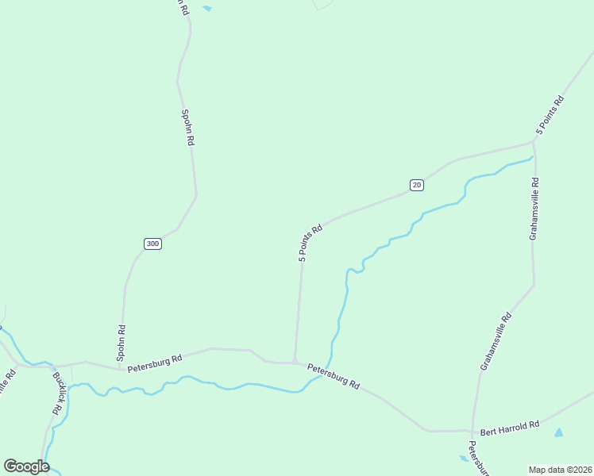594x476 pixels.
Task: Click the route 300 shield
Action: [153, 244]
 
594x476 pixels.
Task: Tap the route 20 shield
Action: [417, 185]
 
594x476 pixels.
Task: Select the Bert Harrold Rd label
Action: [510, 425]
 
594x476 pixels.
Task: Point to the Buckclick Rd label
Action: [57, 393]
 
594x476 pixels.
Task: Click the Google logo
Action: [26, 466]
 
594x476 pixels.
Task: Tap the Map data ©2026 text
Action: [560, 469]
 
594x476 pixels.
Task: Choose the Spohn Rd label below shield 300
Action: [121, 340]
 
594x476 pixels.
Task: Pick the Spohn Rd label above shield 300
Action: [187, 128]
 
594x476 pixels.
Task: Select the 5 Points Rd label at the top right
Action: [549, 114]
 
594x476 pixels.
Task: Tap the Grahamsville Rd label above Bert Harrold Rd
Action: [497, 341]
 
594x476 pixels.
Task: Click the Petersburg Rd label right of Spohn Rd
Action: [154, 361]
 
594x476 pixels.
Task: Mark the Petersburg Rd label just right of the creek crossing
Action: [334, 376]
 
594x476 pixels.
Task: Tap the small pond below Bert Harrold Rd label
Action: [558, 433]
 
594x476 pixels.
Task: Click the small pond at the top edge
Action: [207, 8]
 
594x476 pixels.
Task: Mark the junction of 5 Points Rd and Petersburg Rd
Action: [295, 362]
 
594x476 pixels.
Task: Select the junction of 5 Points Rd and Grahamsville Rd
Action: [534, 144]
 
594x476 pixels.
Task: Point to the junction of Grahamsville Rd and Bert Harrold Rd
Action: [472, 432]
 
